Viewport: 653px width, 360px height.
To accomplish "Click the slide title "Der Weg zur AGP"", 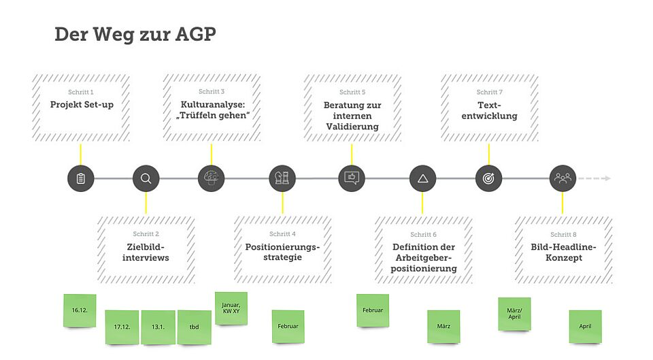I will pyautogui.click(x=135, y=35).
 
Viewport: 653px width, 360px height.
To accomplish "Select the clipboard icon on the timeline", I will pyautogui.click(x=81, y=179).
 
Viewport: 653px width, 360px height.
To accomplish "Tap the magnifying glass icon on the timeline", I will pyautogui.click(x=146, y=179).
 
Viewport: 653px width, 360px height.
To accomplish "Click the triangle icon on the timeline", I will pyautogui.click(x=422, y=179).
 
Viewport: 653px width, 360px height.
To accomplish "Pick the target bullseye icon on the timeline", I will pyautogui.click(x=488, y=179).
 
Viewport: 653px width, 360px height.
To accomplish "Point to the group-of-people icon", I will pyautogui.click(x=563, y=179).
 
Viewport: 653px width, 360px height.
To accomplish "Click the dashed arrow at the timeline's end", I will pyautogui.click(x=596, y=179).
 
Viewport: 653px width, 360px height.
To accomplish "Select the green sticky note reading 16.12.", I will pyautogui.click(x=80, y=310).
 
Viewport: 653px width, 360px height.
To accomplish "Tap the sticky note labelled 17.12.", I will pyautogui.click(x=122, y=327).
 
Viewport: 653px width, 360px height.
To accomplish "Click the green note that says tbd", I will pyautogui.click(x=195, y=327).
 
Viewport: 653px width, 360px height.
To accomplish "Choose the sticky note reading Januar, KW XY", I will pyautogui.click(x=231, y=308).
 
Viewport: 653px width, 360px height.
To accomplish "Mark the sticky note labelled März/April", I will pyautogui.click(x=514, y=314).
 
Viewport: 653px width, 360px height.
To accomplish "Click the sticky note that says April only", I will pyautogui.click(x=585, y=327).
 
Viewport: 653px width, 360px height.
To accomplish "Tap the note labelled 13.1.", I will pyautogui.click(x=158, y=327).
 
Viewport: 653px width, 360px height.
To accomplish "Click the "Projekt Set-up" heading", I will pyautogui.click(x=81, y=105).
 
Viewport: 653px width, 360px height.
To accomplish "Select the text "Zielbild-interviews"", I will pyautogui.click(x=146, y=252).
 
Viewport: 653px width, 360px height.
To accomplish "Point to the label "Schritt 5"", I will pyautogui.click(x=352, y=92).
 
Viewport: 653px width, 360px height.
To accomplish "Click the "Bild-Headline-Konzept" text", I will pyautogui.click(x=563, y=252).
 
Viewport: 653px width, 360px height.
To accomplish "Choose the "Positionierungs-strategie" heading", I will pyautogui.click(x=282, y=252).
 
